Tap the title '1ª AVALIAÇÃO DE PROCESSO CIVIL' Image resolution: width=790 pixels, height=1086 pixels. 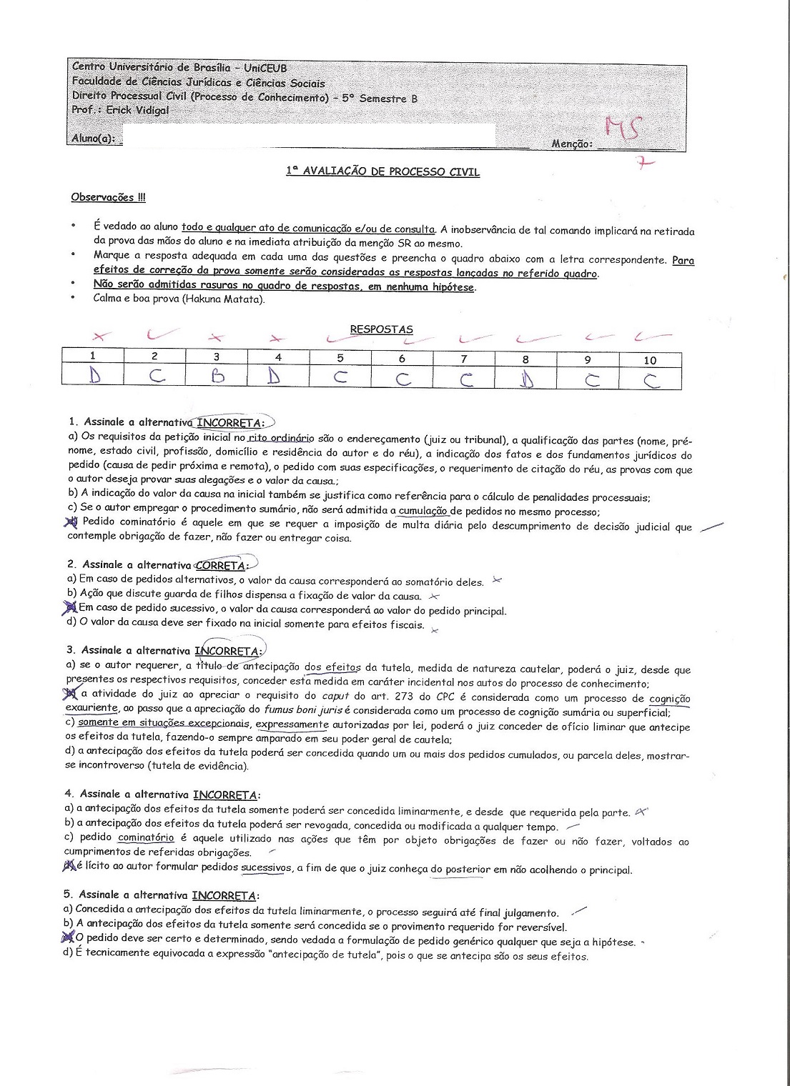(382, 171)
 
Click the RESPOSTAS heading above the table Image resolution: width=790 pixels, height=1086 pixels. (381, 329)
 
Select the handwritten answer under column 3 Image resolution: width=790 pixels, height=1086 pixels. (217, 377)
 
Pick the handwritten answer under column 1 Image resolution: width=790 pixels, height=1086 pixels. (94, 377)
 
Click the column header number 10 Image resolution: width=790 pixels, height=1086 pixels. (649, 360)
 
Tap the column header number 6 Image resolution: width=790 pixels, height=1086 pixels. (403, 359)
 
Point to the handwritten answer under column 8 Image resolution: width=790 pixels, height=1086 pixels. (526, 377)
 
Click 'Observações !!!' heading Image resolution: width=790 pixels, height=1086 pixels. (108, 197)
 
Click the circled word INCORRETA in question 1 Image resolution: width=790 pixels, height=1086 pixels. (229, 423)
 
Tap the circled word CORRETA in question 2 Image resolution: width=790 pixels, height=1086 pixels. (221, 566)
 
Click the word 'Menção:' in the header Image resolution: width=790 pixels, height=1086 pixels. (572, 144)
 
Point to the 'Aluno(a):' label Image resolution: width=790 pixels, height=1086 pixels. (93, 139)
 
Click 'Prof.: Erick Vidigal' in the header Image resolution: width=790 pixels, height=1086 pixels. (121, 110)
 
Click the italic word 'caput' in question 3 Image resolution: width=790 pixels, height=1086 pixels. (335, 695)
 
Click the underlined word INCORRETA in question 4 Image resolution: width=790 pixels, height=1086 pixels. (224, 794)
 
